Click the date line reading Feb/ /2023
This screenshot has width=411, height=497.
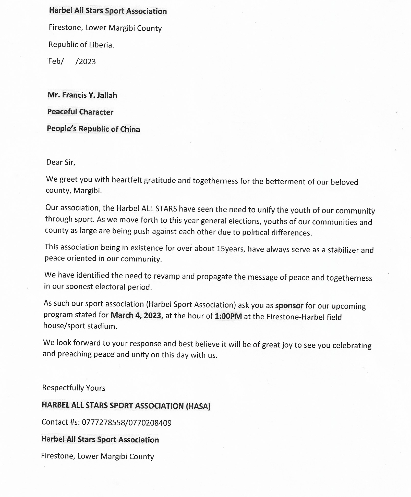pos(72,61)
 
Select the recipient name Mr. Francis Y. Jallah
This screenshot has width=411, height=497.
pos(82,95)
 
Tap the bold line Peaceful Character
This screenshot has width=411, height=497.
pos(80,112)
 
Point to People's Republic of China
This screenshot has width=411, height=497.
pos(93,129)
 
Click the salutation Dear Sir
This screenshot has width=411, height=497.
pos(61,162)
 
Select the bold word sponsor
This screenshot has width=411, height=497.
pos(289,305)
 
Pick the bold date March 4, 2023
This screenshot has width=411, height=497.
pos(137,315)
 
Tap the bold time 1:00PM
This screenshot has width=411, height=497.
pos(228,316)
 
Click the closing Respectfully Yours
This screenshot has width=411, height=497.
pos(74,388)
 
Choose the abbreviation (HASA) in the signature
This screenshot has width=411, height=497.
pos(198,406)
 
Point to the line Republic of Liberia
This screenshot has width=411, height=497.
pos(81,45)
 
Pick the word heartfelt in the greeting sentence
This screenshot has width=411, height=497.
pos(127,180)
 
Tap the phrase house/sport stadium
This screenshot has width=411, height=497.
pos(80,326)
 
